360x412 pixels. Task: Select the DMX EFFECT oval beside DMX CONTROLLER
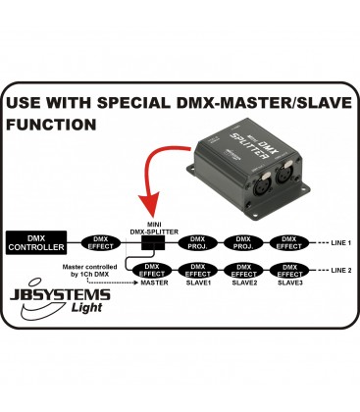click(x=99, y=242)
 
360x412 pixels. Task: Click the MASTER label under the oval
click(x=154, y=283)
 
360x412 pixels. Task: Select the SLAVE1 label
click(x=197, y=283)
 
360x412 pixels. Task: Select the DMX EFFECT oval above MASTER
click(x=154, y=269)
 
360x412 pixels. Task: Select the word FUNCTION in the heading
click(x=51, y=126)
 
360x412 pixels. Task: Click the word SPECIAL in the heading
click(x=129, y=103)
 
